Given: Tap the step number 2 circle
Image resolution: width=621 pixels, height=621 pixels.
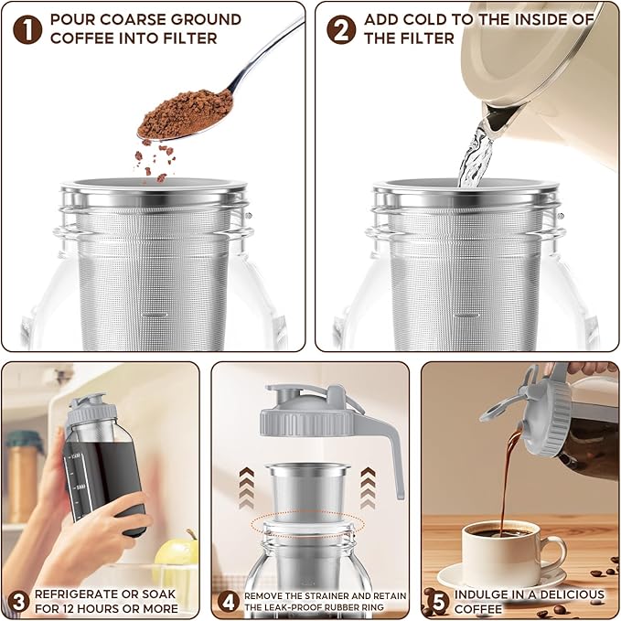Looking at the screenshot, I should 341,28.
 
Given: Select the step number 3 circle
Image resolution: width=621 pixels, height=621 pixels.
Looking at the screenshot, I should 17,601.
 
